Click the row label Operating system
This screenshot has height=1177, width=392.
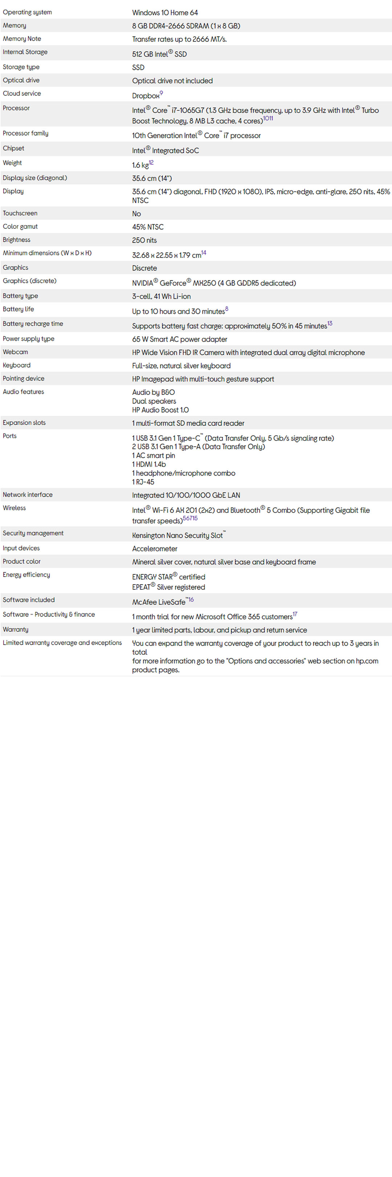coord(27,12)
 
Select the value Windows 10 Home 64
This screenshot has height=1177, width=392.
coord(165,13)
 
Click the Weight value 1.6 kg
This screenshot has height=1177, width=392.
coord(140,165)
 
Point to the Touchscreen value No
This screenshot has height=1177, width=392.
coord(136,214)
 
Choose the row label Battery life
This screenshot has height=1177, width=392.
coord(18,310)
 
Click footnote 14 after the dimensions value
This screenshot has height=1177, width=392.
coord(204,253)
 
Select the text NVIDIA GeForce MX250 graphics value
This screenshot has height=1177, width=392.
coord(213,283)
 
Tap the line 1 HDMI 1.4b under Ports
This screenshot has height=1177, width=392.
coord(149,464)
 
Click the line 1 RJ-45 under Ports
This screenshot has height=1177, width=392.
coord(143,482)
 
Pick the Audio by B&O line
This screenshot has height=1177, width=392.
coord(153,392)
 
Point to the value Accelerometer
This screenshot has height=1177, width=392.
coord(155,549)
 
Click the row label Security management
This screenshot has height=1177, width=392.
coord(33,533)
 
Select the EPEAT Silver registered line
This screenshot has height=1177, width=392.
coord(168,587)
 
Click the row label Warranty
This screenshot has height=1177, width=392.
coord(16,630)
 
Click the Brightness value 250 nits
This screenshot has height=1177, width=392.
coord(144,240)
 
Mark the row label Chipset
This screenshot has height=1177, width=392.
coord(14,149)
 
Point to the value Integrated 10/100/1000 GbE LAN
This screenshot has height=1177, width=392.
coord(186,495)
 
